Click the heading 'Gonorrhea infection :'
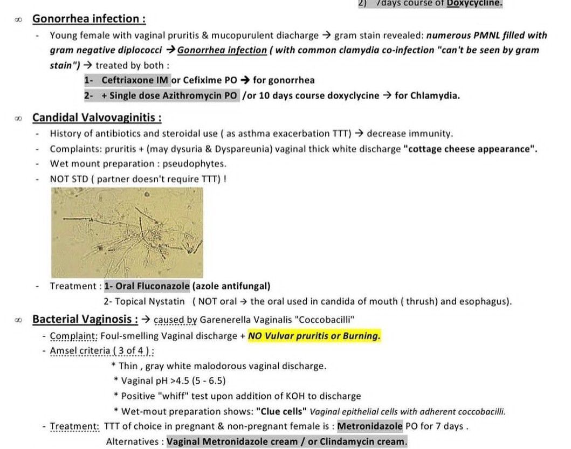click(89, 19)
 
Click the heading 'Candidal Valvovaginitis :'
click(97, 118)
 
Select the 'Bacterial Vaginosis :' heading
click(85, 319)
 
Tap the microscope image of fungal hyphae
click(127, 232)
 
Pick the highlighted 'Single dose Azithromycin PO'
click(169, 95)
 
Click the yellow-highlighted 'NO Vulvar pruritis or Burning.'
click(314, 336)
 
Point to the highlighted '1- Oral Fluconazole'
click(147, 286)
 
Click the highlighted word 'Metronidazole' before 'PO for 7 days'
click(370, 426)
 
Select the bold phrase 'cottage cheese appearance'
click(470, 149)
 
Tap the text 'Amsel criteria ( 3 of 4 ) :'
click(102, 351)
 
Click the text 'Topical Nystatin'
click(150, 301)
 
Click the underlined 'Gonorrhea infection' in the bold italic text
click(222, 50)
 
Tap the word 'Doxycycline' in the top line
click(474, 3)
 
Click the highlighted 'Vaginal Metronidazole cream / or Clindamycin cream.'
click(287, 441)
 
